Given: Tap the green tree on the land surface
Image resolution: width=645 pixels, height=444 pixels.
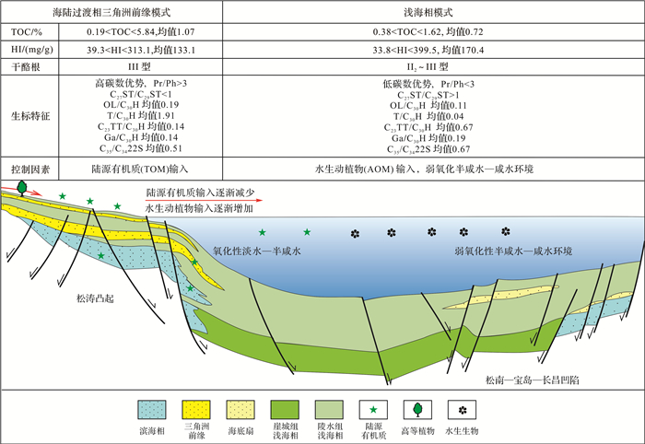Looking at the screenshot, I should tap(20, 188).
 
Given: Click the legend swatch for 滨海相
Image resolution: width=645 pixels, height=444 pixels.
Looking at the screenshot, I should tap(152, 408).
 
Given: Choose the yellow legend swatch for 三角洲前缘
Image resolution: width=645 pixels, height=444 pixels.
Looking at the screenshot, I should tap(196, 408).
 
